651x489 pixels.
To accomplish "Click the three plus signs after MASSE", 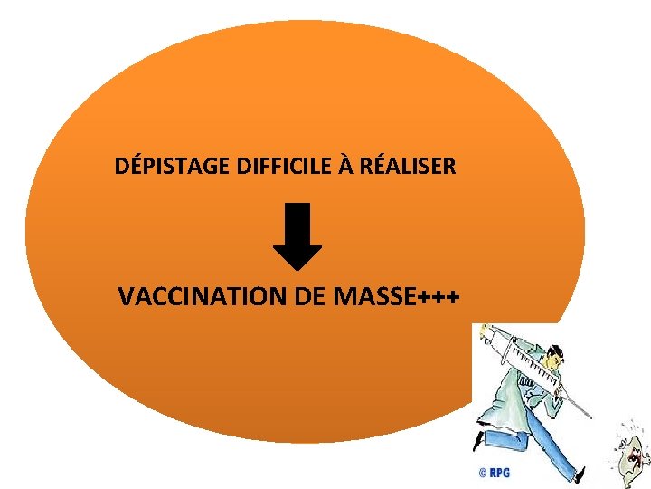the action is [440, 297].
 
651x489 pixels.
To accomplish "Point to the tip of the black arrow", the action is [297, 268].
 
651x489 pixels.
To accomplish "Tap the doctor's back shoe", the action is [477, 442].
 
